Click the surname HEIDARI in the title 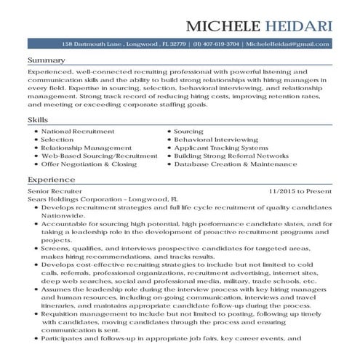[x=298, y=27]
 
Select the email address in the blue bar [x=287, y=44]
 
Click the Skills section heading [x=38, y=119]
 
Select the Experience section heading [x=51, y=178]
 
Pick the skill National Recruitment [x=78, y=131]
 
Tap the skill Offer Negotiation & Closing [x=89, y=164]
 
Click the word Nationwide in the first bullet [x=64, y=215]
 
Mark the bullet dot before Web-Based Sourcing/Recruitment [x=35, y=156]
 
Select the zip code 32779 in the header [x=173, y=44]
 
